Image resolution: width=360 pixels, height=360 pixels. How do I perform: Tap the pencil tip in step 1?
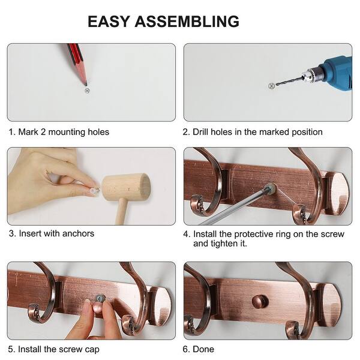click(x=85, y=83)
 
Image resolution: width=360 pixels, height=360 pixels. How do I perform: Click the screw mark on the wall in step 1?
click(x=88, y=91)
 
